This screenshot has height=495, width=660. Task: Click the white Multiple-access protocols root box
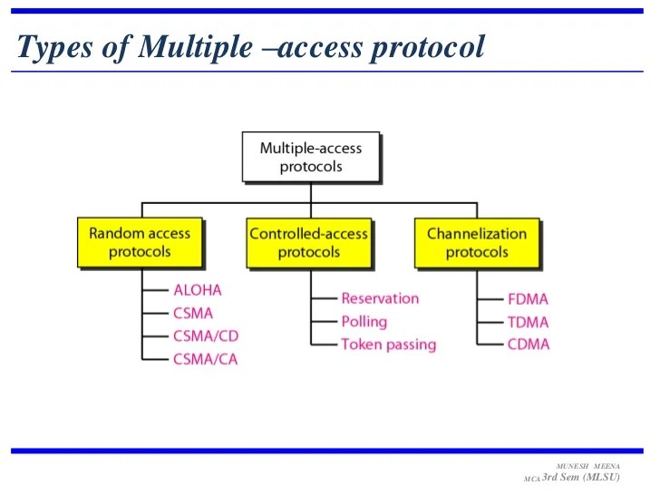pos(310,157)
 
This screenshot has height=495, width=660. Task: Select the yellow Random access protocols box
pos(140,242)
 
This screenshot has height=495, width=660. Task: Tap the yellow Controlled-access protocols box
pos(309,242)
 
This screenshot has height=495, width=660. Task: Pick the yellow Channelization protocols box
pos(476,242)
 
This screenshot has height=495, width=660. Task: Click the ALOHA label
pos(197,290)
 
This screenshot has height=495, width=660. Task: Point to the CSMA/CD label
pos(206,336)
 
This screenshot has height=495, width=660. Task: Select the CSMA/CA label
pos(206,359)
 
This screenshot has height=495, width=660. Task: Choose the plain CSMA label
pos(193,314)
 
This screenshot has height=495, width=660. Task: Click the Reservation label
pos(380,298)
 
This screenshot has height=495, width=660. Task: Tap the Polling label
pos(364,321)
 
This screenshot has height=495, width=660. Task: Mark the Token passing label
pos(388,345)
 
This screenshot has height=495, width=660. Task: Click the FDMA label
pos(528,298)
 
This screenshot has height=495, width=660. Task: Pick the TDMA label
pos(528,321)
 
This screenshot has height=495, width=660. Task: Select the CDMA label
pos(528,345)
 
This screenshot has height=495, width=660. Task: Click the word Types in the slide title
pos(54,47)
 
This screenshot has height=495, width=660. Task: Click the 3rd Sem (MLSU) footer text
pos(581,477)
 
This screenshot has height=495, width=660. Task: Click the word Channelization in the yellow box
pos(477,233)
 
